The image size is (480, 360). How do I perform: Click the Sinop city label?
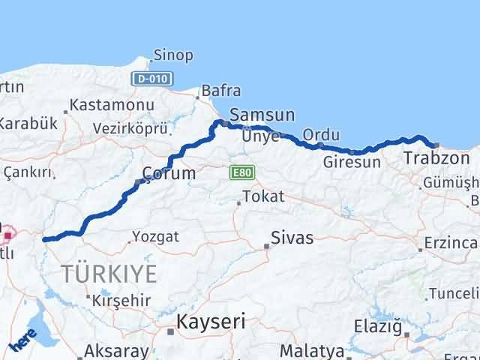click(172, 55)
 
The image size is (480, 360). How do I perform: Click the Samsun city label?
click(262, 115)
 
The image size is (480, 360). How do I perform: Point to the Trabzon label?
click(436, 158)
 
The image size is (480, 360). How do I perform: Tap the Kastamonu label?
click(112, 106)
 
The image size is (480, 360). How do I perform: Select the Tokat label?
click(262, 197)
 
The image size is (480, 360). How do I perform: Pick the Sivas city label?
click(292, 238)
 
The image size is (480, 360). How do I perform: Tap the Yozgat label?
click(155, 237)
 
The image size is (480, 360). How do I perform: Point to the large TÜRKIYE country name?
click(109, 274)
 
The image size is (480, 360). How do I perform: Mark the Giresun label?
click(347, 161)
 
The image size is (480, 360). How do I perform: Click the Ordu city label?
click(321, 135)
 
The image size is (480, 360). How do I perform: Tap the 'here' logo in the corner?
click(22, 342)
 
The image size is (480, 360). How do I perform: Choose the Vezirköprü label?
click(129, 127)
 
